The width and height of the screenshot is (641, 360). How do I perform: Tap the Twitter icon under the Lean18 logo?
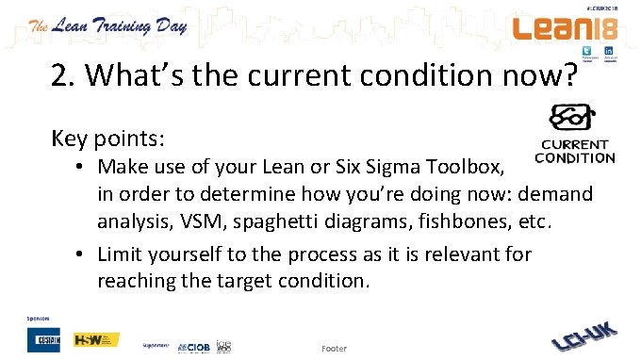click(x=585, y=51)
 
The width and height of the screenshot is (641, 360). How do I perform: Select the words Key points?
click(x=108, y=139)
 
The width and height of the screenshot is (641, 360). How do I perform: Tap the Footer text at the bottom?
click(x=334, y=348)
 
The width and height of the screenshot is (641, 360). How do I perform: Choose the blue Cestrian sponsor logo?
click(x=45, y=339)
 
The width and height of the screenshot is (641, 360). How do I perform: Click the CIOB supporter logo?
click(x=194, y=346)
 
